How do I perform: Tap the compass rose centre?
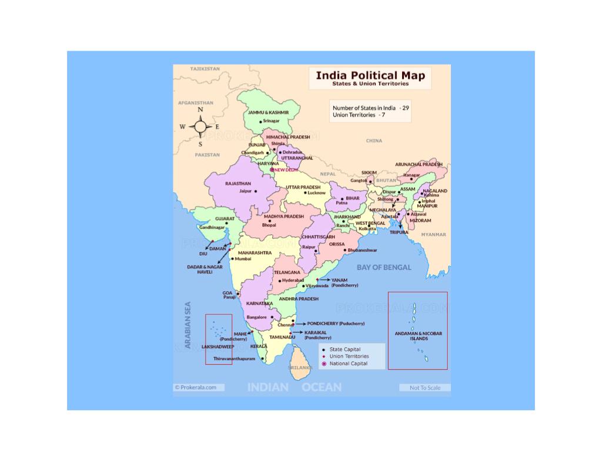tap(200, 127)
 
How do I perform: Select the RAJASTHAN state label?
tap(238, 184)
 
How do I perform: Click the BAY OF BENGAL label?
tap(384, 267)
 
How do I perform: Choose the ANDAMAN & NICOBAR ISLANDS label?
tap(419, 336)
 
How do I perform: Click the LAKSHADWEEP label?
tap(218, 347)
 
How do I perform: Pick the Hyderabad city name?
tap(293, 281)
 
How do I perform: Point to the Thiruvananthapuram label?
tap(234, 358)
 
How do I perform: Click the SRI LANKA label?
tap(300, 367)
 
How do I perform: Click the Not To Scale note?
tap(425, 388)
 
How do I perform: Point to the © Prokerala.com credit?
tap(195, 387)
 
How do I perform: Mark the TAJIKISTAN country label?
tap(205, 69)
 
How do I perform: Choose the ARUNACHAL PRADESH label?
tap(419, 165)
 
